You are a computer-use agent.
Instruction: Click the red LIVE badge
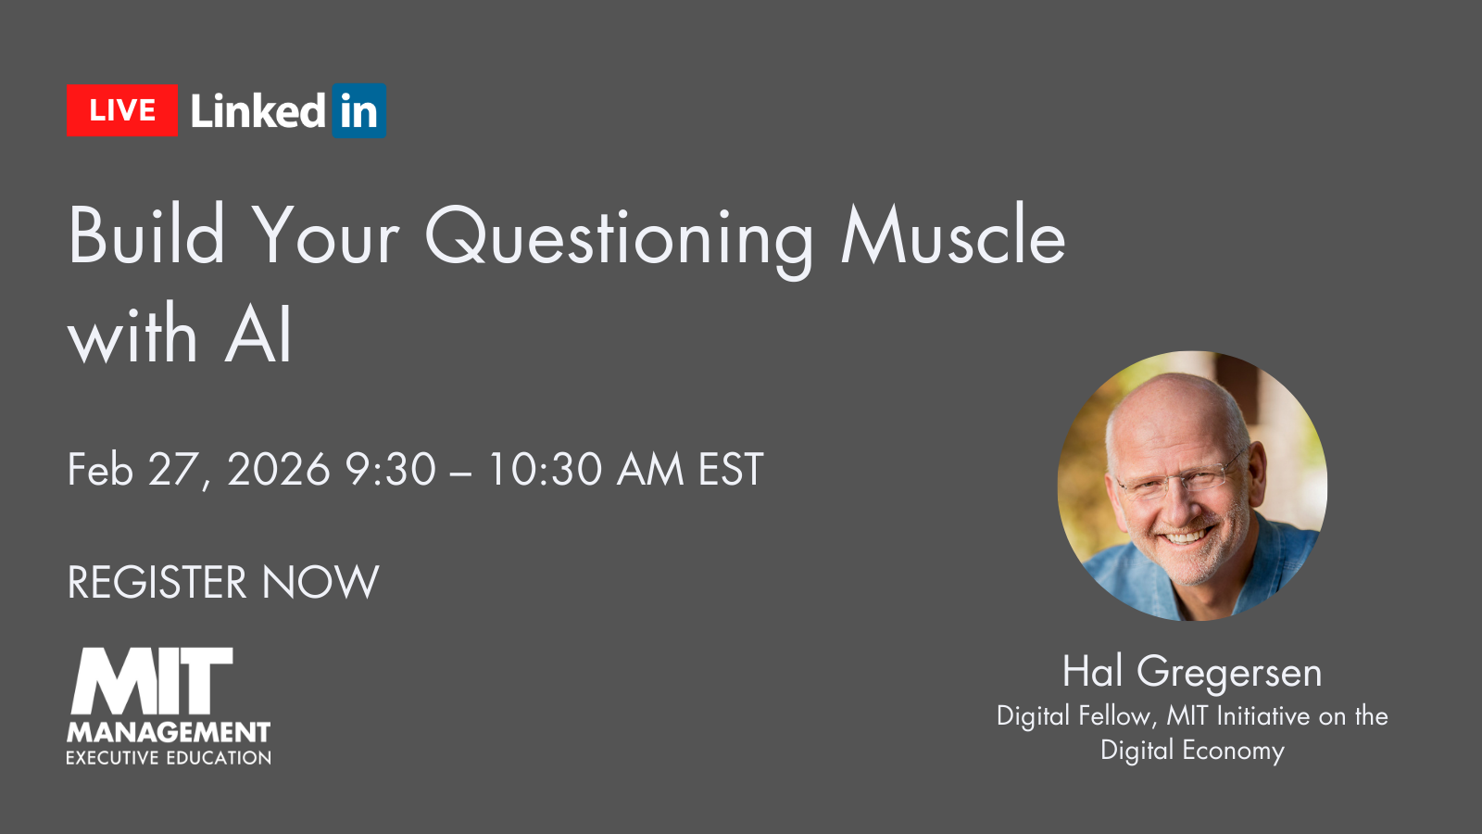pos(121,111)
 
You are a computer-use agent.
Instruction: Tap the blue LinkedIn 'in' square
pos(358,111)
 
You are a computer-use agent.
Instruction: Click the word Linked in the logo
pos(257,111)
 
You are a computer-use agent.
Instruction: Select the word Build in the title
pos(146,236)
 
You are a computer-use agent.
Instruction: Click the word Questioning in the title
pos(619,239)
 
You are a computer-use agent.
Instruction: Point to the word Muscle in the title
pos(953,236)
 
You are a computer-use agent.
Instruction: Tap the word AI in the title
pos(258,335)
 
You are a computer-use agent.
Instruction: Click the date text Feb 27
pos(135,470)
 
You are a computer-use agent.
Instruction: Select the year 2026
pos(279,470)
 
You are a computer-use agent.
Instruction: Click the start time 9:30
pos(390,470)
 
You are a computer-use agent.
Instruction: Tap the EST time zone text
pos(731,470)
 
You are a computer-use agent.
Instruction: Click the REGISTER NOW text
pos(223,583)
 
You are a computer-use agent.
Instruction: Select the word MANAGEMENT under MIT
pos(169,733)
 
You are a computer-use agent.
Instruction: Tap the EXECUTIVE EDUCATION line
pos(169,758)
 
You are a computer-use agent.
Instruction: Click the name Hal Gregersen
pos(1192,672)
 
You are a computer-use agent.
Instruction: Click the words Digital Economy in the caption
pos(1192,750)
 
